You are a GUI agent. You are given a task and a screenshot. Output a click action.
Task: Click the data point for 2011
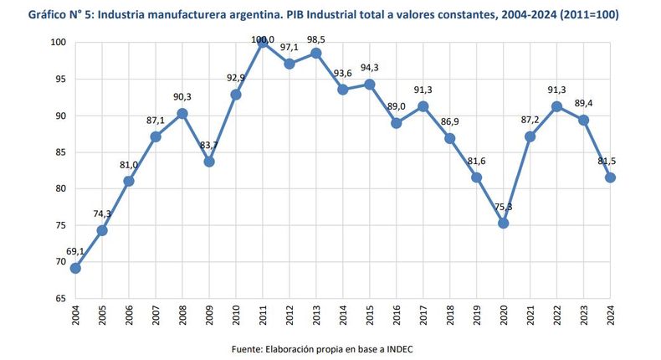coord(264,43)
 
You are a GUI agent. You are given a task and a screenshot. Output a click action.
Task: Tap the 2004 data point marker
coord(76,268)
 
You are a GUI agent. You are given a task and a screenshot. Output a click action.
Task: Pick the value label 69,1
coord(76,251)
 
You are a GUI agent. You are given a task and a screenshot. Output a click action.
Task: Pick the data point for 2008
coord(183,113)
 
